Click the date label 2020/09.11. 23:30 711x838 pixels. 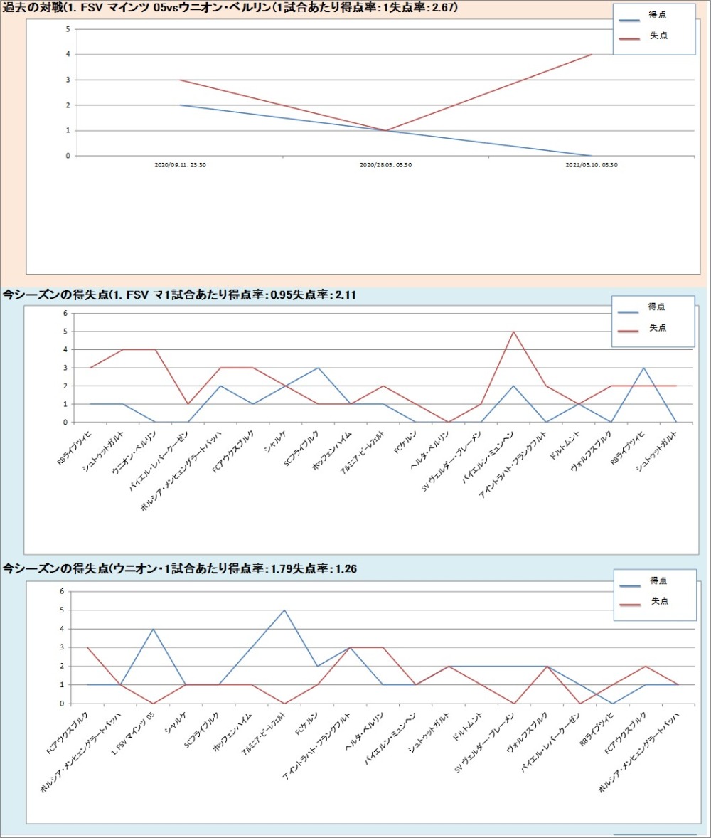click(180, 165)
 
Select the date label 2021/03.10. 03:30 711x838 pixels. click(591, 165)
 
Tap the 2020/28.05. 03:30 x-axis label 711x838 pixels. click(385, 165)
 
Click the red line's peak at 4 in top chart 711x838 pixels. click(591, 55)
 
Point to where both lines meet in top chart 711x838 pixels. click(385, 130)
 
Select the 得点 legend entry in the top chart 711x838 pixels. click(658, 16)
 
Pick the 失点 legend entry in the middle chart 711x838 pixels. click(658, 327)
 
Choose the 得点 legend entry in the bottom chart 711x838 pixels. click(658, 580)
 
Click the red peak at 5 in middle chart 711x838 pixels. click(513, 332)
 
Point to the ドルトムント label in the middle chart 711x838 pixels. click(566, 445)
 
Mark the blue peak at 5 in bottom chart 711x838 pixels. click(284, 610)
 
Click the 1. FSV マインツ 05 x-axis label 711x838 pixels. click(135, 728)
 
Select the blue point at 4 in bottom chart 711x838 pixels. click(153, 629)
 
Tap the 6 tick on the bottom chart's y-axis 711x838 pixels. click(62, 591)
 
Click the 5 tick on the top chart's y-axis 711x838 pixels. click(67, 29)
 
